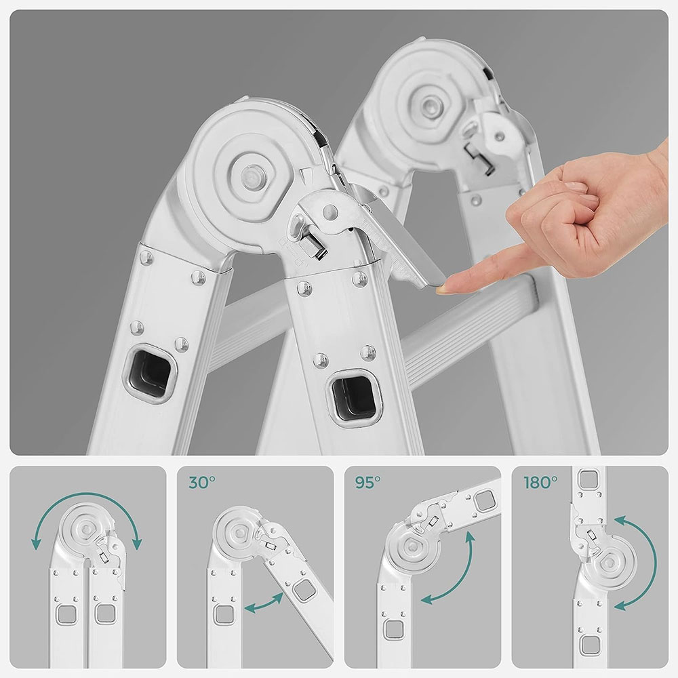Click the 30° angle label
point(202,482)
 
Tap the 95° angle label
point(368,482)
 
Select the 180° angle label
point(540,482)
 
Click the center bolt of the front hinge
point(252,178)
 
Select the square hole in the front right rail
point(353,396)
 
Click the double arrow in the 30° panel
point(264,603)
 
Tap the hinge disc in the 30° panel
point(238,532)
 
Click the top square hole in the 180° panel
point(588,479)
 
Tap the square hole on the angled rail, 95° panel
point(483,501)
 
